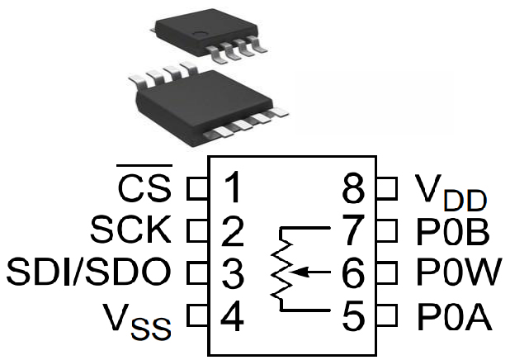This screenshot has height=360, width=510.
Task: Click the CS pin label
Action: (144, 189)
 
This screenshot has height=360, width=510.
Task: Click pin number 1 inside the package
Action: (234, 189)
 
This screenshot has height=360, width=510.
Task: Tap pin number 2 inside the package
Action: (234, 231)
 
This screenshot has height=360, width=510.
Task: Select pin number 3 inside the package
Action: (234, 272)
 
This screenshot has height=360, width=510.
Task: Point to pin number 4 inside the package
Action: (234, 315)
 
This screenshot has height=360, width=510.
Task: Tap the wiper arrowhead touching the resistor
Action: (295, 270)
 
